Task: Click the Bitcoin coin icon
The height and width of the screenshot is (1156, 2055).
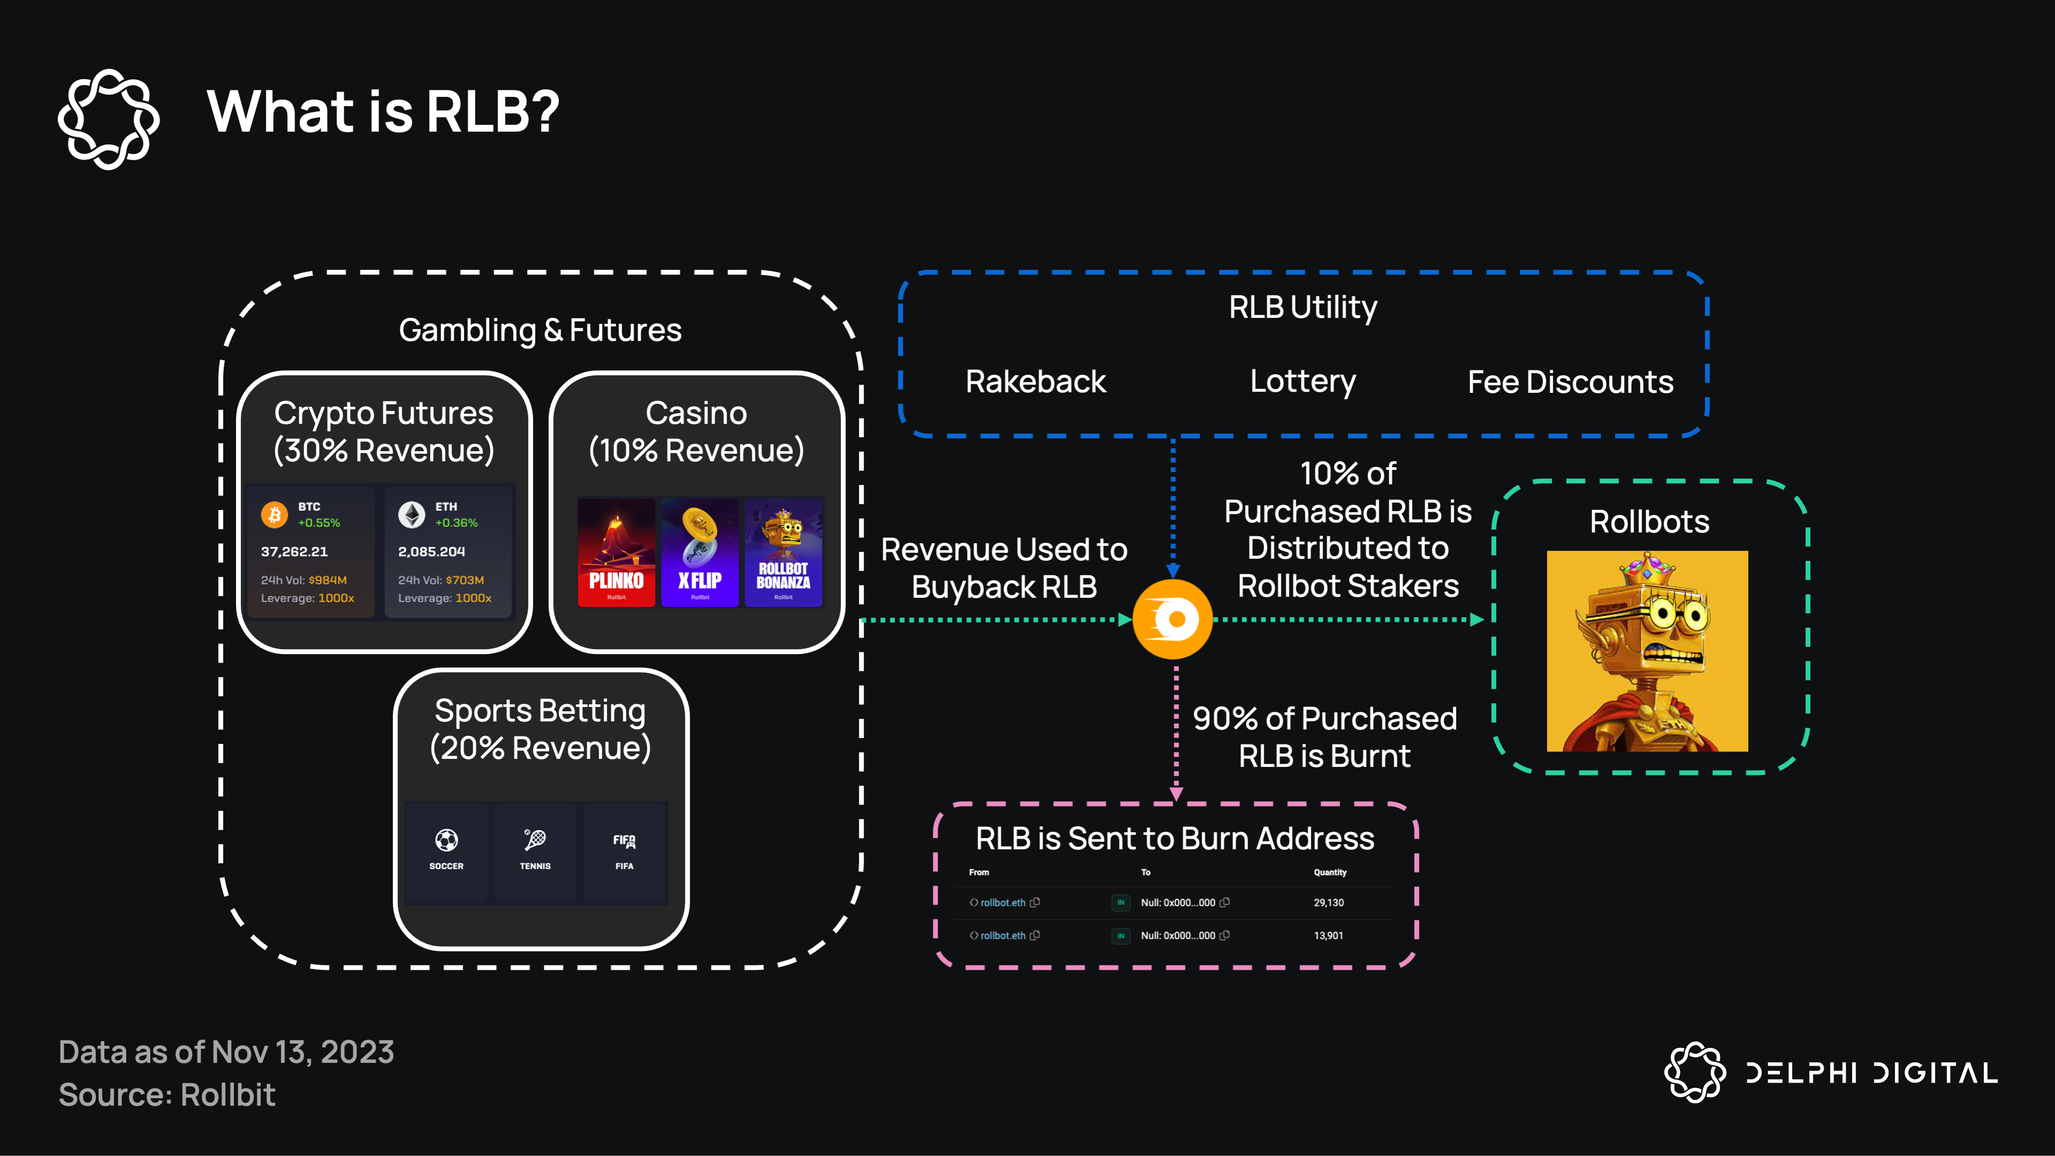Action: [x=275, y=514]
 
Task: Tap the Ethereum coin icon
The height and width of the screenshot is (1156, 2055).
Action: [x=412, y=514]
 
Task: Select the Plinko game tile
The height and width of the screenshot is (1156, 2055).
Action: [x=616, y=552]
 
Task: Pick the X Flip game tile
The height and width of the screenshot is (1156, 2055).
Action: [x=699, y=552]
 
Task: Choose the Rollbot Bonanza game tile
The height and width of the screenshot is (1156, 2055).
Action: [x=783, y=552]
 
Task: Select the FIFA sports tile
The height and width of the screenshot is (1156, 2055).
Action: [x=624, y=850]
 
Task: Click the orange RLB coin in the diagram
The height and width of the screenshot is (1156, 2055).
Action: [x=1172, y=619]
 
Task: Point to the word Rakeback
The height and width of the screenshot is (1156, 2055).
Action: [x=1036, y=382]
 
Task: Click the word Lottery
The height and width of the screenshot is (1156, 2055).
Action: [x=1303, y=382]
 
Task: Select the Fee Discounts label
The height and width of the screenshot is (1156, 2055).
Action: [x=1570, y=382]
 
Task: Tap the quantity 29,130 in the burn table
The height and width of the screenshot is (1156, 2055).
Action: [x=1328, y=902]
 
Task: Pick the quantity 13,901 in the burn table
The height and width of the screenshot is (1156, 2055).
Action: [x=1328, y=935]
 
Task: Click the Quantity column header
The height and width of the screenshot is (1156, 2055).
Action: [x=1330, y=872]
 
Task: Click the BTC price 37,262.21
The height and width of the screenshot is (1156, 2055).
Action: [x=294, y=551]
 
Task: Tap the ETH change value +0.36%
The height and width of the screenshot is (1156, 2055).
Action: [x=456, y=522]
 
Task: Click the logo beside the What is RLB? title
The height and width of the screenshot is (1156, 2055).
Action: [x=109, y=119]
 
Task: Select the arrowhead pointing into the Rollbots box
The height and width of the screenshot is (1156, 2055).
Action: [x=1476, y=619]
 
